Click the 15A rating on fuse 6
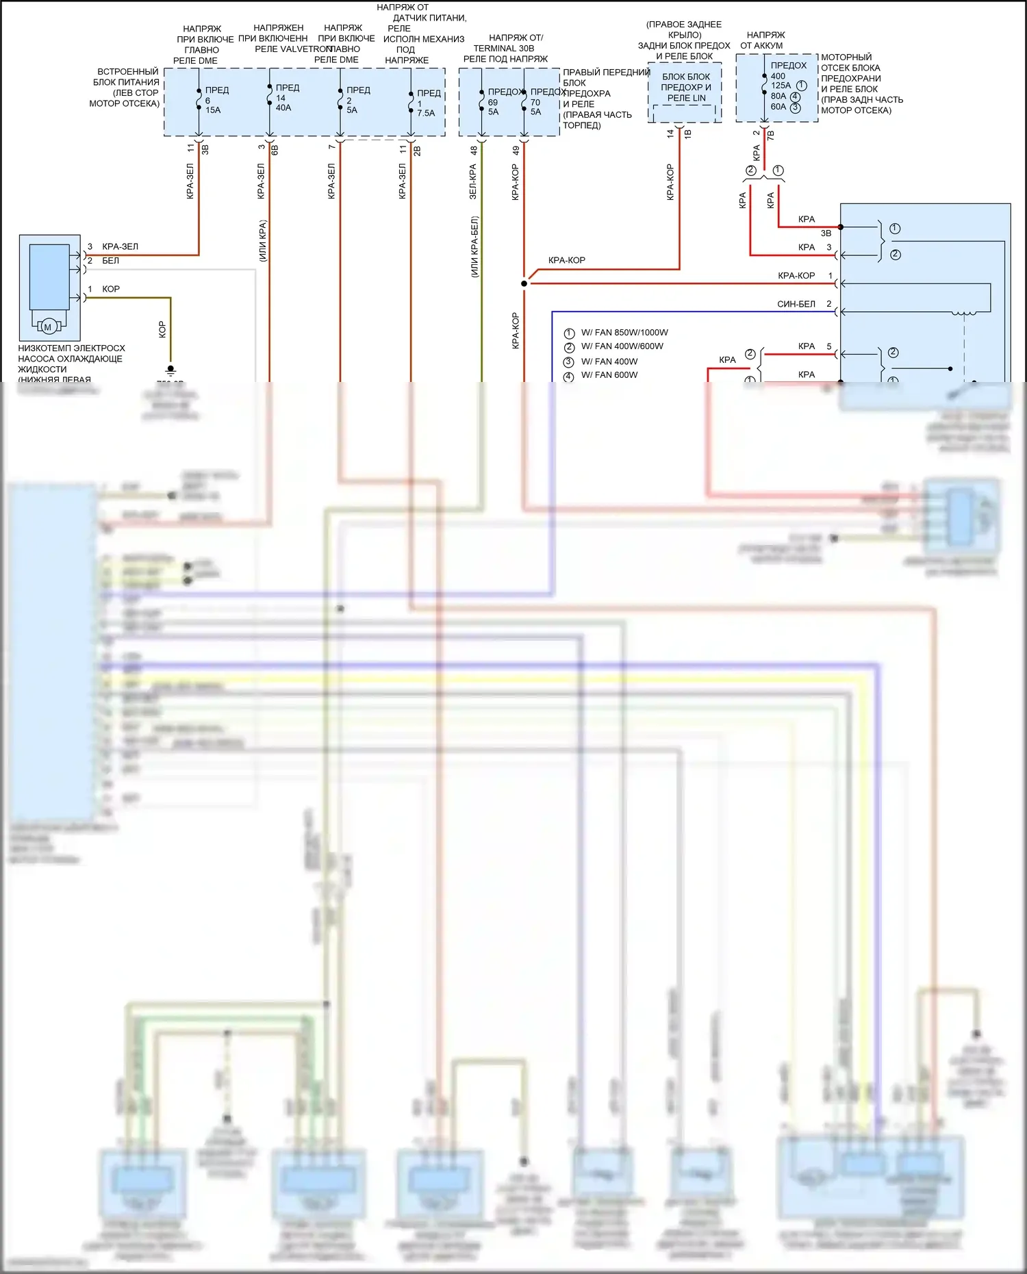[x=213, y=110]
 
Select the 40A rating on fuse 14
[x=283, y=107]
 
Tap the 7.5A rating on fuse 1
[x=426, y=113]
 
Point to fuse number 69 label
[x=493, y=102]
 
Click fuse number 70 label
[x=535, y=102]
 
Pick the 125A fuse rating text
[x=781, y=86]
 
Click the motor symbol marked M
[x=47, y=327]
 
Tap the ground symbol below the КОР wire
[x=170, y=370]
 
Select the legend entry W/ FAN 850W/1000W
[x=624, y=333]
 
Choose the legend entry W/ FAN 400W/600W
[x=622, y=346]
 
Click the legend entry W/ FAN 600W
[x=609, y=375]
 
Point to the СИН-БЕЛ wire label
[x=796, y=304]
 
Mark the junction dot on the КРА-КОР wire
[x=524, y=283]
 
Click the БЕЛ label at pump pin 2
[x=110, y=261]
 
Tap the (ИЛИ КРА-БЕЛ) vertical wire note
[x=474, y=246]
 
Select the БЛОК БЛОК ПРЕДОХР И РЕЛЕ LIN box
[x=685, y=88]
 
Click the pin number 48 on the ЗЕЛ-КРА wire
[x=474, y=150]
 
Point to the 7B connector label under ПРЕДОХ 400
[x=771, y=135]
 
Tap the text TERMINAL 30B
[x=503, y=49]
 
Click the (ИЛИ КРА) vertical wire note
[x=263, y=240]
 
